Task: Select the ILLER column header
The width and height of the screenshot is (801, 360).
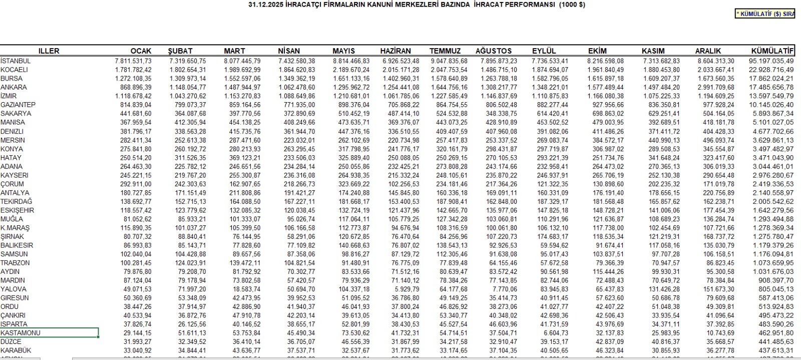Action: pyautogui.click(x=49, y=51)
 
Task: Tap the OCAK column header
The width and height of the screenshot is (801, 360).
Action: pyautogui.click(x=141, y=51)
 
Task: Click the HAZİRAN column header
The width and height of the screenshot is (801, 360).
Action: pyautogui.click(x=395, y=51)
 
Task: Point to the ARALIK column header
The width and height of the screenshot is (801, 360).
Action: pyautogui.click(x=708, y=51)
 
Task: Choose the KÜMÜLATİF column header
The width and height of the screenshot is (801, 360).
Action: pyautogui.click(x=772, y=51)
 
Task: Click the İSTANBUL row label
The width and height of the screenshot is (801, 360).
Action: pyautogui.click(x=16, y=61)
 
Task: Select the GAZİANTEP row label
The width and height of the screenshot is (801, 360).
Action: pyautogui.click(x=18, y=105)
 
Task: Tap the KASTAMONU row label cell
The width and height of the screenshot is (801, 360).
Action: pyautogui.click(x=49, y=333)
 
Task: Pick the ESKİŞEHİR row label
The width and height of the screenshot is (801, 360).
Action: pyautogui.click(x=18, y=210)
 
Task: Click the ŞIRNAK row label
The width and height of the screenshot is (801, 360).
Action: pyautogui.click(x=13, y=236)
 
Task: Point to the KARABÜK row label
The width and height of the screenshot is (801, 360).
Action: pyautogui.click(x=16, y=350)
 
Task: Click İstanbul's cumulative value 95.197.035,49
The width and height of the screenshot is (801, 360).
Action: pyautogui.click(x=771, y=61)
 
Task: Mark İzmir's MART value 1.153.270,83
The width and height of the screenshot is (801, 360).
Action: pyautogui.click(x=242, y=96)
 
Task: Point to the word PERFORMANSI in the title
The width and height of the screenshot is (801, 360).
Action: pyautogui.click(x=525, y=5)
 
